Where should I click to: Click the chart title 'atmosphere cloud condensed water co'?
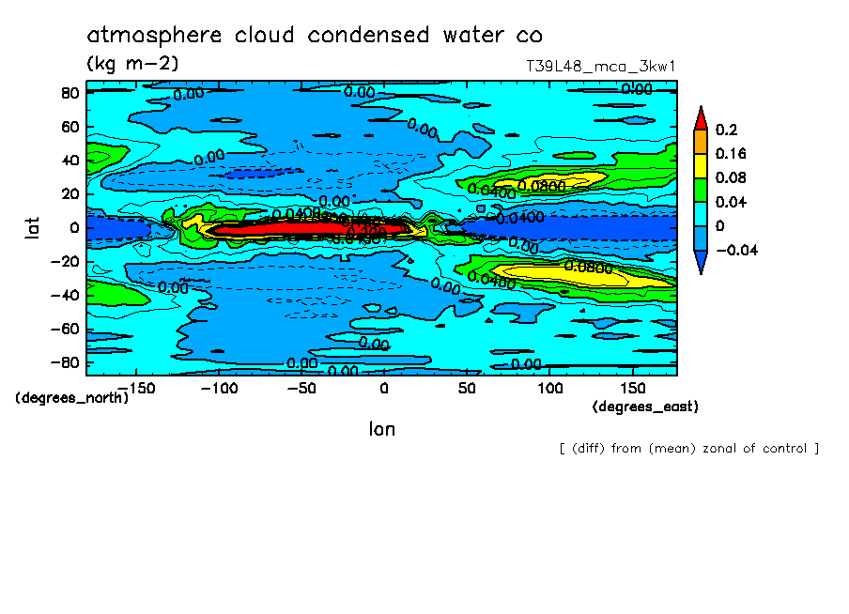pos(315,36)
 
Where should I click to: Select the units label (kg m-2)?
pos(132,64)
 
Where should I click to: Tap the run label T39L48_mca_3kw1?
pos(601,67)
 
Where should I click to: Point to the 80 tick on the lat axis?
pos(69,92)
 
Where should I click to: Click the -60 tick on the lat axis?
pos(63,329)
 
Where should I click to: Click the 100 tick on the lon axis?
pos(549,387)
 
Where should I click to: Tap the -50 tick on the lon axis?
pos(301,387)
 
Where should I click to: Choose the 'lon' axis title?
pos(381,429)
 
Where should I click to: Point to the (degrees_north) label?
pos(72,397)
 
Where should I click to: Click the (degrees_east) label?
pos(645,407)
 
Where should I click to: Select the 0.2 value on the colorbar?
pos(728,130)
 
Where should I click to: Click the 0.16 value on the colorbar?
pos(733,154)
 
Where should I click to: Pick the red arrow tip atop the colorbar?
pos(700,116)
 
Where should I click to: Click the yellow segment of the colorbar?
pos(700,165)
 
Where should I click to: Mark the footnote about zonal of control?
pos(688,448)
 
